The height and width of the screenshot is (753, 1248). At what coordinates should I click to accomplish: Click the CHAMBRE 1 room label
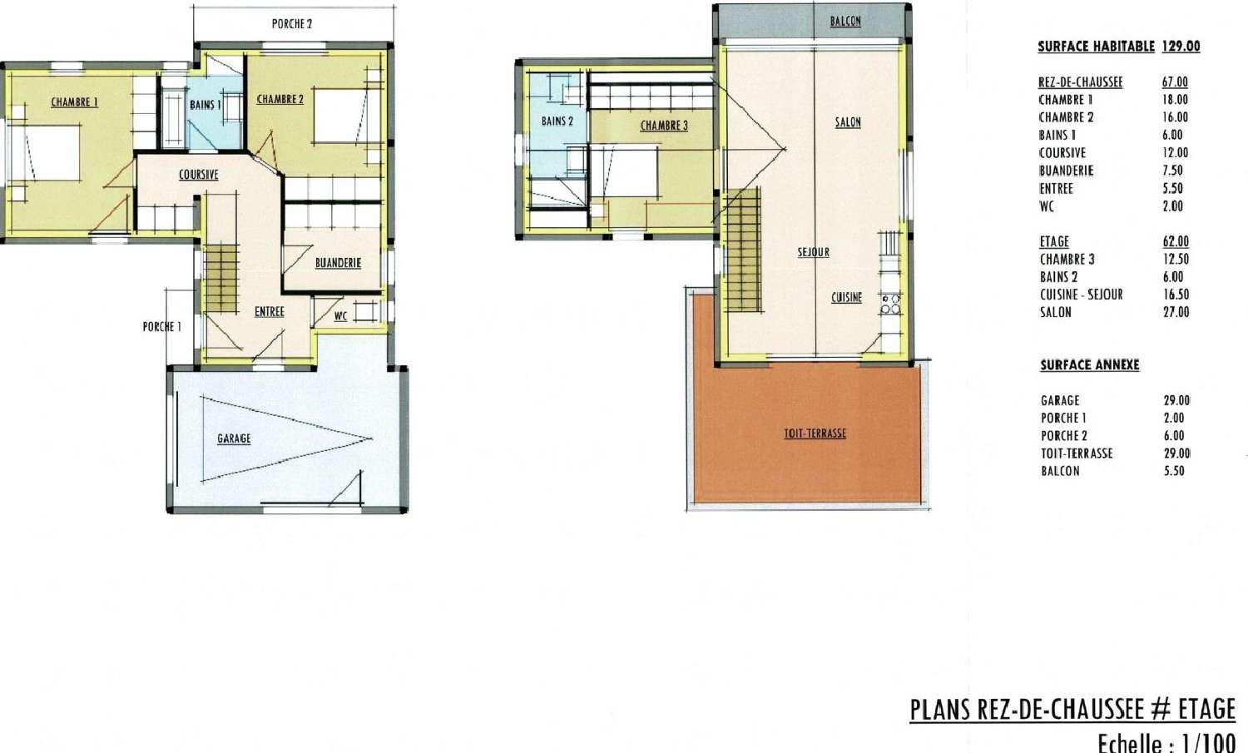(75, 102)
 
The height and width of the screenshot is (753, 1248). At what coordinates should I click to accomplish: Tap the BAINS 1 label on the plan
(205, 105)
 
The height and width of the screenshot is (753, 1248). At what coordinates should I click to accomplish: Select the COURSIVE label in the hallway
(198, 175)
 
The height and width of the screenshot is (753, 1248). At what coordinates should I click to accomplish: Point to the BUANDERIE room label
(338, 263)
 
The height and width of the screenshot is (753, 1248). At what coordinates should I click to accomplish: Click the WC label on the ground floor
(340, 316)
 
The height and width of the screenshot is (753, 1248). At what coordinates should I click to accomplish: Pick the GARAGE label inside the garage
(234, 438)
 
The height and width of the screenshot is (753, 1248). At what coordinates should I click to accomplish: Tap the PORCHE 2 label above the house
(292, 24)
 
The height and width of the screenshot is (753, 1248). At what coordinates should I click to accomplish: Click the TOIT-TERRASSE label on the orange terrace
(815, 433)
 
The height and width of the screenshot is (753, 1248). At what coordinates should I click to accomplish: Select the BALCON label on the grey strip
(845, 21)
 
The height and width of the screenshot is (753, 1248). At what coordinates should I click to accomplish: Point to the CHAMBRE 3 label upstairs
(664, 126)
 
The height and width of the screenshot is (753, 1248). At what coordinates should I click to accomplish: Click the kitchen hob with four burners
(890, 304)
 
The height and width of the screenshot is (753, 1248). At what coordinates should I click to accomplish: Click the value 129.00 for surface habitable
(1181, 47)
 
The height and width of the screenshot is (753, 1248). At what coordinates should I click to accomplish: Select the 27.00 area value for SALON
(1176, 312)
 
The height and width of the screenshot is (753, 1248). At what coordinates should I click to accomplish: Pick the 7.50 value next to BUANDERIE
(1172, 171)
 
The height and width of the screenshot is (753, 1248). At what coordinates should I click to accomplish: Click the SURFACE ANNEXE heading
(1090, 365)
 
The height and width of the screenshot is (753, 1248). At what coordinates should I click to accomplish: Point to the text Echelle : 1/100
(1166, 743)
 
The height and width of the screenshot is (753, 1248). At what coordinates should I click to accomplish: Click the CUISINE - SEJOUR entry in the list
(1082, 295)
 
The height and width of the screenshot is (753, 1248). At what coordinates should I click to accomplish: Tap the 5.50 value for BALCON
(1174, 471)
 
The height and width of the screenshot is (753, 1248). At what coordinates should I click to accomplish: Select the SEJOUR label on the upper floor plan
(814, 252)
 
